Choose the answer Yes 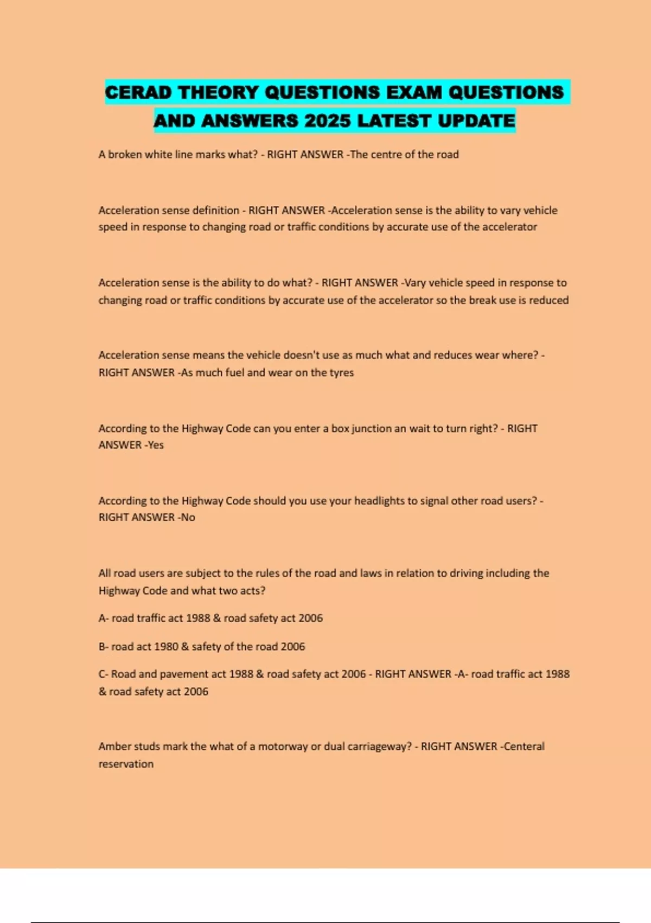pos(156,445)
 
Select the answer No pos(188,517)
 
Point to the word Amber pos(114,746)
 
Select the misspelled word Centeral pos(524,746)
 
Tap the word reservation pos(126,764)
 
